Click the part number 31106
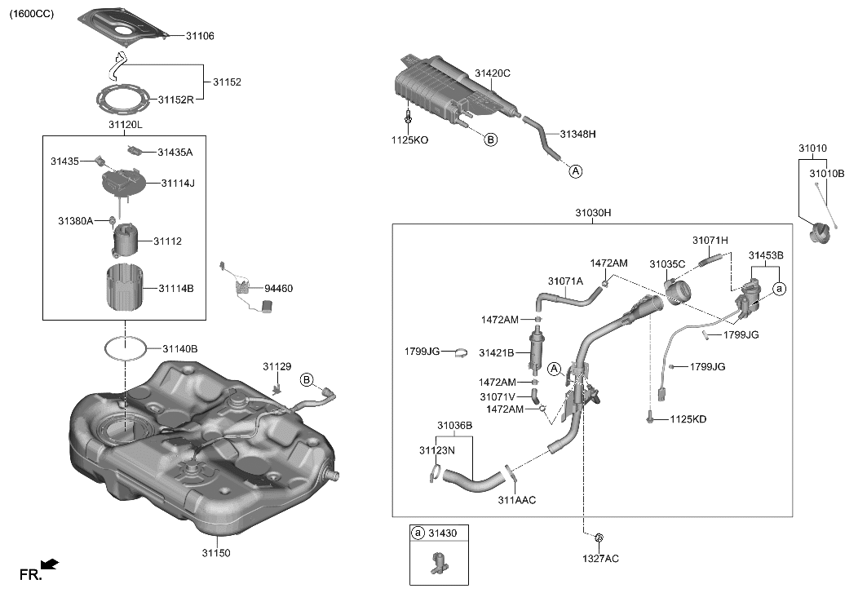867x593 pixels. pos(201,36)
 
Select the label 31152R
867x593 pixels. pos(175,100)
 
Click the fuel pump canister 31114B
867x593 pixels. pos(126,288)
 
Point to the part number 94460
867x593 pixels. pos(278,289)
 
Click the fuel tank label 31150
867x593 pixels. pos(216,553)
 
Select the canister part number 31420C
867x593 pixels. pos(493,73)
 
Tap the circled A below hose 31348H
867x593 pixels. pos(575,171)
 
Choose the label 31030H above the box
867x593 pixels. pos(593,213)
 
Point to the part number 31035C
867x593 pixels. pos(667,264)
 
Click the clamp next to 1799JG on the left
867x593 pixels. pos(460,353)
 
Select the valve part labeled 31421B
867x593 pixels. pos(537,346)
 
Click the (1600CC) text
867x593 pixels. pos(32,14)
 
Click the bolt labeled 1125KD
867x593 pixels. pos(650,418)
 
